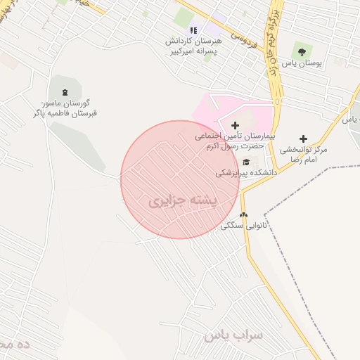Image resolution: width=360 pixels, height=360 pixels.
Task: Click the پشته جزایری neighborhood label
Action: pyautogui.click(x=185, y=201)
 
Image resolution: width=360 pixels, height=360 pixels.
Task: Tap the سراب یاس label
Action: pyautogui.click(x=233, y=336)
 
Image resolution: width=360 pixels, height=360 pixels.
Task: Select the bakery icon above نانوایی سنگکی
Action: pyautogui.click(x=243, y=215)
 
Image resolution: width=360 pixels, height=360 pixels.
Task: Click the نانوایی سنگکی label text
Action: pyautogui.click(x=249, y=226)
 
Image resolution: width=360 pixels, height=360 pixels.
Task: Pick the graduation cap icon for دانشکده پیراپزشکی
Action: pyautogui.click(x=245, y=162)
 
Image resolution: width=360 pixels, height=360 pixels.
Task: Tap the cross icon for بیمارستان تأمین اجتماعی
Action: pyautogui.click(x=235, y=124)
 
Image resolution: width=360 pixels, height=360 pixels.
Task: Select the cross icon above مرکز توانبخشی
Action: pyautogui.click(x=304, y=139)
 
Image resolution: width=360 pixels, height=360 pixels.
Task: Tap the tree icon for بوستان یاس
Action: pyautogui.click(x=302, y=51)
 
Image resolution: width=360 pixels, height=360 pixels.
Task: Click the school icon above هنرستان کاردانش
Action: pyautogui.click(x=193, y=31)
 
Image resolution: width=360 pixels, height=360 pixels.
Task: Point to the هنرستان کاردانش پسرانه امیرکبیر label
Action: pyautogui.click(x=193, y=46)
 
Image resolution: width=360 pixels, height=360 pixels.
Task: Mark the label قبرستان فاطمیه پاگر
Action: pyautogui.click(x=65, y=113)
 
